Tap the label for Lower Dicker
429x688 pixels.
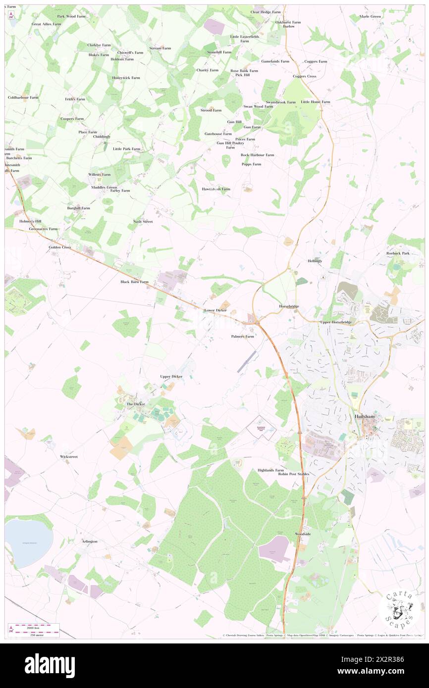pos(215,310)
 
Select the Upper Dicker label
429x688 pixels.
pos(171,377)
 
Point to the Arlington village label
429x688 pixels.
pos(90,541)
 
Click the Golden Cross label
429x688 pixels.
pos(60,247)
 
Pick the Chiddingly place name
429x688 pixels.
pos(102,137)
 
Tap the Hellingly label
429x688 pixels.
pos(315,261)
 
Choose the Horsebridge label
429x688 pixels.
pos(289,306)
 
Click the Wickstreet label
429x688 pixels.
pos(69,456)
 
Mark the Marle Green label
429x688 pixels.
pos(371,16)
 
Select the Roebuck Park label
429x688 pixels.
pos(398,253)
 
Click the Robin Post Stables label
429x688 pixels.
pos(293,474)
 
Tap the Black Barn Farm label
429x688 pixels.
pos(134,282)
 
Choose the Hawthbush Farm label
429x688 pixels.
pos(216,189)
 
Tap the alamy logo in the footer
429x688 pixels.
pos(50,665)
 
